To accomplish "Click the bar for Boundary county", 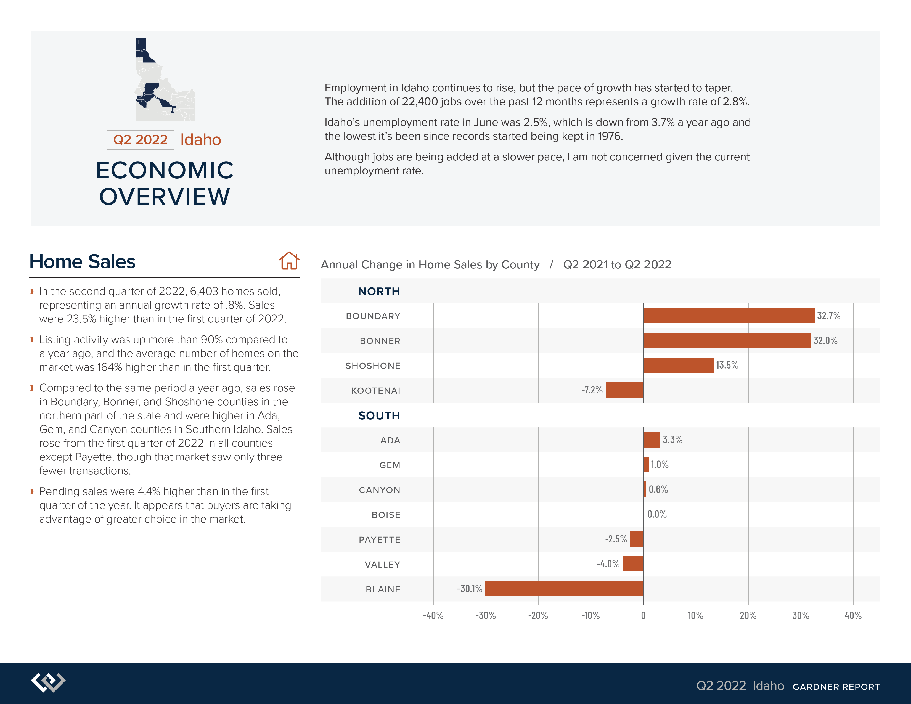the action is coord(729,316).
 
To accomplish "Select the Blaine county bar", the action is coord(564,589).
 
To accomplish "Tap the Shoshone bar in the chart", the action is coord(679,365).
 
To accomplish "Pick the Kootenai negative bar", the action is coord(624,390).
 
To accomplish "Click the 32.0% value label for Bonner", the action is coord(825,340).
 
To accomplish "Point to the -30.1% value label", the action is coord(469,589).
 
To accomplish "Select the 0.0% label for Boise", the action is coord(657,514).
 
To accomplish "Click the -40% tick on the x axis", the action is coord(433,616).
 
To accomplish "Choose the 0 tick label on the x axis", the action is coord(643,616).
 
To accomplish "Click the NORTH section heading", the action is coord(379,291).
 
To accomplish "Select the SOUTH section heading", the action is coord(379,415).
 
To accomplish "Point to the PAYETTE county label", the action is coord(380,540).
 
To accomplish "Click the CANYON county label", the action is coord(380,490).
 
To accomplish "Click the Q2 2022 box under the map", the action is coord(141,140).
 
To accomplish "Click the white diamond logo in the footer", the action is coord(48,682).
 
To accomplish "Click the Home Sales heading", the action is coord(82,261).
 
